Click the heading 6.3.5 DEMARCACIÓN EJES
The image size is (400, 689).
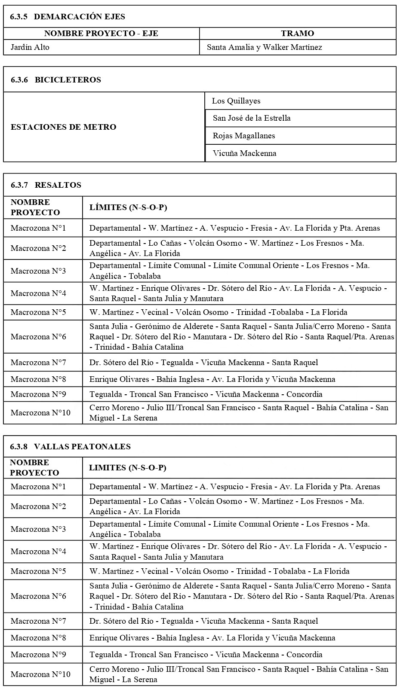68,17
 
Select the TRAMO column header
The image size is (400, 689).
297,34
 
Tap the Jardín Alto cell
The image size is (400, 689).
30,47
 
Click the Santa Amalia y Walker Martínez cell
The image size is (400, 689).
264,47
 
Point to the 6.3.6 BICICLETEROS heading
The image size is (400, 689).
56,79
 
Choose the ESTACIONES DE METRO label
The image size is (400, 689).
64,127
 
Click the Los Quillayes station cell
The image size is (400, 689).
236,101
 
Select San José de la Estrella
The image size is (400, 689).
252,118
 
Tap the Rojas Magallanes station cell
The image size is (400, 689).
244,136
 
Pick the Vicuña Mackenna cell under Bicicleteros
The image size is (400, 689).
244,153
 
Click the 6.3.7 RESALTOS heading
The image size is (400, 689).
46,185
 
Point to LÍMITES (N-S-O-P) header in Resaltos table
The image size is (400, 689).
128,207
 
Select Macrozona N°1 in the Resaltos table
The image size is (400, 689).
38,228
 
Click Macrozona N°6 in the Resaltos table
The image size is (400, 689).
38,337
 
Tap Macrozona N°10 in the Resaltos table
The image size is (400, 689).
40,413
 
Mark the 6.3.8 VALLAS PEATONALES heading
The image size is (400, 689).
71,447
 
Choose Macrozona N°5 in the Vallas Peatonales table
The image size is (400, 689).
38,571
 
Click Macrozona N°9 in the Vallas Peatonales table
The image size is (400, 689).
38,655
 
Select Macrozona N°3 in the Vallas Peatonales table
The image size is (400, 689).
38,529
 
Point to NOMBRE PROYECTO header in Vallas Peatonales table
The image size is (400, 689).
34,468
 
